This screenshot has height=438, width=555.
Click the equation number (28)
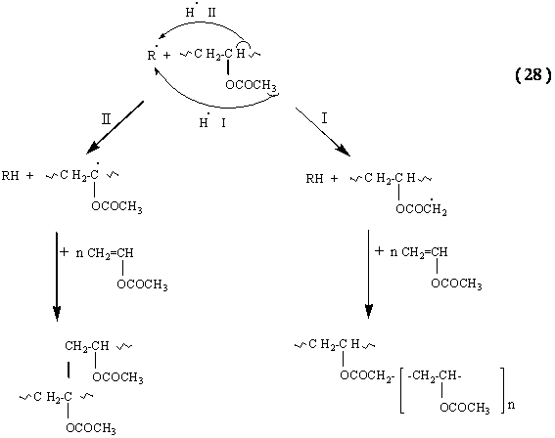(533, 75)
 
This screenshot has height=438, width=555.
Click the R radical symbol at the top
(152, 54)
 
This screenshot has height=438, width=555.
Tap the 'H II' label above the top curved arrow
(201, 12)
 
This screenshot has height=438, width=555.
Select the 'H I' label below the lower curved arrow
(212, 122)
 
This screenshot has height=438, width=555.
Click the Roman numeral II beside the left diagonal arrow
(106, 119)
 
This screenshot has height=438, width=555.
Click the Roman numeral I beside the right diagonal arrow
(325, 118)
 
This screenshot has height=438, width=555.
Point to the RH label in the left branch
(10, 175)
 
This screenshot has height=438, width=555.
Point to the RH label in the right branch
(314, 179)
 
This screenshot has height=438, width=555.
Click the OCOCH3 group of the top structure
(251, 85)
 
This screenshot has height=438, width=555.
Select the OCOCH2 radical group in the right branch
(421, 208)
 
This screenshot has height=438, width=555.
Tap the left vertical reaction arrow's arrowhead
(57, 313)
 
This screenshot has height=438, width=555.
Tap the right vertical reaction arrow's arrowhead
(368, 311)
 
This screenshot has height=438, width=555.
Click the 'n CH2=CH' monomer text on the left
(105, 253)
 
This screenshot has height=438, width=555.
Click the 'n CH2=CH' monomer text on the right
(419, 252)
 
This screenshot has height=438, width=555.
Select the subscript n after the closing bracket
(512, 405)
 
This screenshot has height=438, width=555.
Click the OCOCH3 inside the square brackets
(465, 408)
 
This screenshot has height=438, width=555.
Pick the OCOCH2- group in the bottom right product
(367, 375)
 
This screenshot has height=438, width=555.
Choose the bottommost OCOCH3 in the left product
(91, 428)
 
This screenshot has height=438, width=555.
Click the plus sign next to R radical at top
(166, 55)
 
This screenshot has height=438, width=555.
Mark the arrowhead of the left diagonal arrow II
(93, 149)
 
